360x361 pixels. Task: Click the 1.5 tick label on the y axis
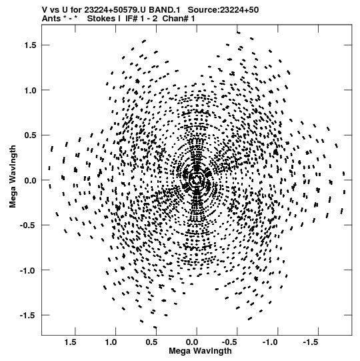pos(31,45)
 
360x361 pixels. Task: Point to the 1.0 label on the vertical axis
pos(31,90)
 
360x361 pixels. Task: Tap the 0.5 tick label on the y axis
pos(31,135)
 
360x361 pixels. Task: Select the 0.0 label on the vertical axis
pos(31,180)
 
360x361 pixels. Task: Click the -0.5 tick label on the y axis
pos(28,225)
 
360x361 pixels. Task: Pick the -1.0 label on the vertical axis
pos(28,270)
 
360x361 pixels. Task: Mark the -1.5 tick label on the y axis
pos(28,315)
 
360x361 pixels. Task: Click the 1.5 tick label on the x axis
pos(71,342)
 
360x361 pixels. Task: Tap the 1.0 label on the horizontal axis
pos(111,342)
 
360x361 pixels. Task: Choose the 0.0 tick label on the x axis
pos(192,342)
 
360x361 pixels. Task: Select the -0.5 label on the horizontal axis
pos(230,342)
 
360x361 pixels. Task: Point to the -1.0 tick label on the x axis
pos(271,342)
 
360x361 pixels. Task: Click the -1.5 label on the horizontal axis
pos(311,342)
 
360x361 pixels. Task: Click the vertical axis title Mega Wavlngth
pos(13,177)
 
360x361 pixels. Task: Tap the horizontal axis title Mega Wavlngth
pos(200,351)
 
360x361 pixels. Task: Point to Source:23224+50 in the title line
pos(223,10)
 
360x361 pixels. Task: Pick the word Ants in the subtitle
pos(51,19)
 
